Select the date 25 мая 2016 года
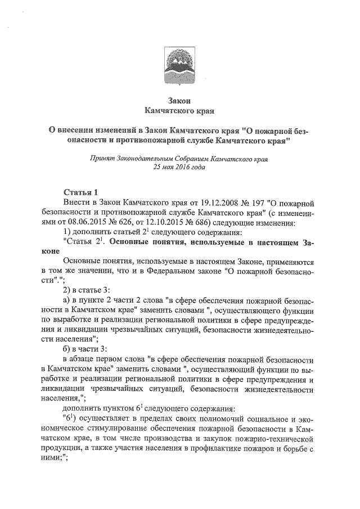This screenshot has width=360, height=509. [179, 167]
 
